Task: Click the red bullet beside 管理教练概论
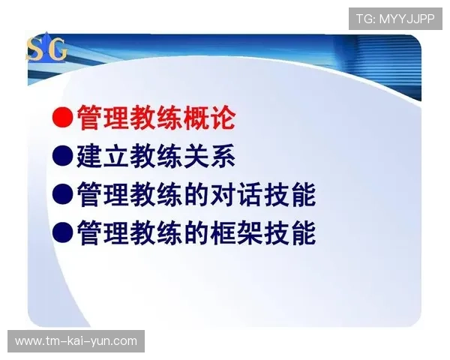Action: (x=62, y=118)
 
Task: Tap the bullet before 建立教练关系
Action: (x=62, y=157)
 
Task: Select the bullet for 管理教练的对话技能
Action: (x=62, y=196)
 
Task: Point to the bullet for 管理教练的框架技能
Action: (x=62, y=235)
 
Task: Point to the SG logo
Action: (x=47, y=49)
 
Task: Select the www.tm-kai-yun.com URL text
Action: (x=76, y=341)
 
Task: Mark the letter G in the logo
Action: (x=57, y=50)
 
